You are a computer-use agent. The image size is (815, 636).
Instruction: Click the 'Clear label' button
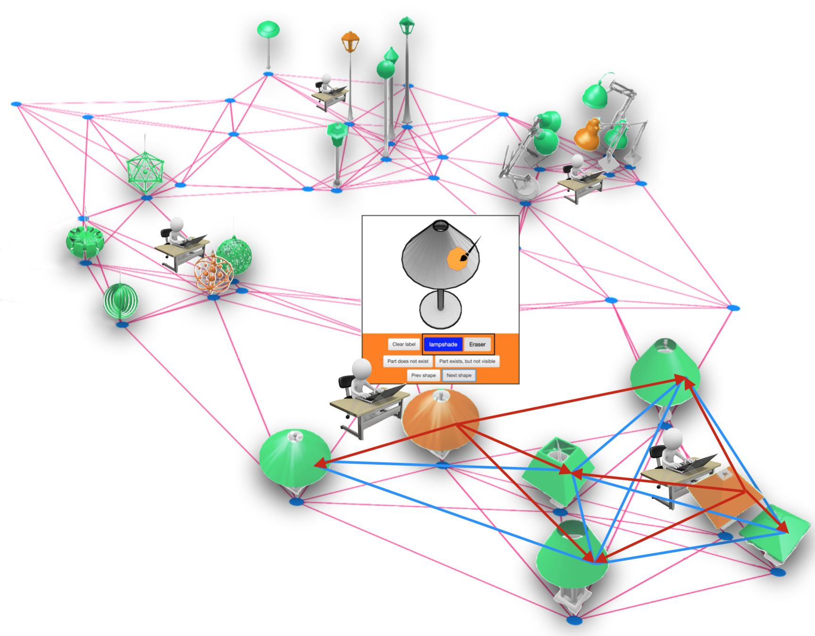(404, 344)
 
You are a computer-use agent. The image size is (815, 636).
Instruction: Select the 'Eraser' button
(477, 344)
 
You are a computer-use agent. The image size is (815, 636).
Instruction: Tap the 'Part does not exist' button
(408, 361)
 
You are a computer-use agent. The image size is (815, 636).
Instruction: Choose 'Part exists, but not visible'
(467, 361)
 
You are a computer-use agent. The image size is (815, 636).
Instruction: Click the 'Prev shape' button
(423, 376)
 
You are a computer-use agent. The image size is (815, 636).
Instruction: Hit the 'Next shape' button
(459, 376)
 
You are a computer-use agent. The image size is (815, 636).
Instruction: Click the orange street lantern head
(350, 42)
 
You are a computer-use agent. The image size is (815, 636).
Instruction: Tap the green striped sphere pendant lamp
(121, 301)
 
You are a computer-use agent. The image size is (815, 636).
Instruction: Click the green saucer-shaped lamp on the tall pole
(268, 30)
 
